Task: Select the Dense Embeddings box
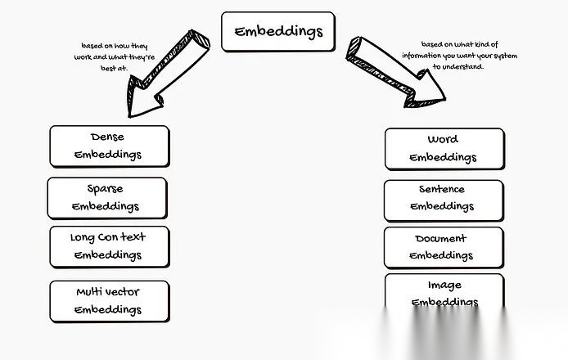click(x=109, y=146)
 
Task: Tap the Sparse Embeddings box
click(x=106, y=198)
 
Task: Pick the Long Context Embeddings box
click(x=109, y=246)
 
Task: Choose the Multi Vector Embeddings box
click(x=109, y=300)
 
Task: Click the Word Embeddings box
click(x=444, y=148)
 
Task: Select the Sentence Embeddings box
click(x=443, y=198)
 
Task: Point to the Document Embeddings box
click(x=443, y=247)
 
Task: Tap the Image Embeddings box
click(x=444, y=292)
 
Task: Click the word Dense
click(x=107, y=137)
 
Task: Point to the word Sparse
click(x=105, y=189)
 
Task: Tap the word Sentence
click(x=442, y=189)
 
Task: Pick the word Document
click(x=440, y=239)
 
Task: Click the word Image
click(x=444, y=285)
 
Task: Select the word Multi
click(x=88, y=292)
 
